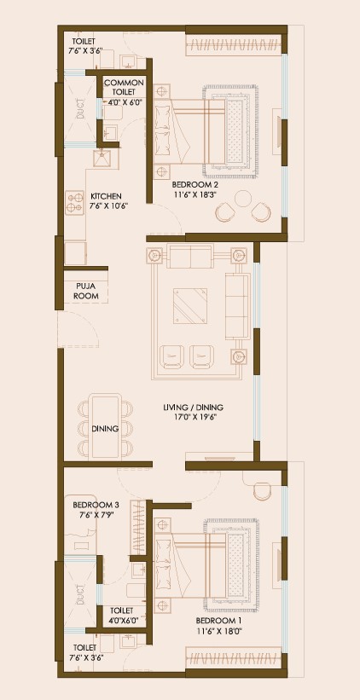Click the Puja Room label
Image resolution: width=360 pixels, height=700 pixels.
coord(85,290)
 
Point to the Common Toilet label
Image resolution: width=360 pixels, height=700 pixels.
coord(124,88)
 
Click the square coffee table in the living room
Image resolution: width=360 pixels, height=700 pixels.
coord(190,305)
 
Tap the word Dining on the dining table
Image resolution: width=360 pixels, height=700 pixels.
coord(105,429)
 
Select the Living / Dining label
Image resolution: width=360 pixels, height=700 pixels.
coord(193,408)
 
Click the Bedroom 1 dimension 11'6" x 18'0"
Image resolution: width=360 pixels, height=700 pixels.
coord(216,630)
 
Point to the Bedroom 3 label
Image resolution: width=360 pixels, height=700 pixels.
coord(96,505)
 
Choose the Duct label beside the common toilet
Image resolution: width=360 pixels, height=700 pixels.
coord(80,109)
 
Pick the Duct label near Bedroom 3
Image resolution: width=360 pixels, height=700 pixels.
coord(80,594)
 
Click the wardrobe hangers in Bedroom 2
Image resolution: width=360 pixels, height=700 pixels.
coord(233,45)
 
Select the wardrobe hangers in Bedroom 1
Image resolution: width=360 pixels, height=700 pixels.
coord(233,658)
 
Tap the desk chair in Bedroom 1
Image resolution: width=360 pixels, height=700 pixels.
coord(261,491)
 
